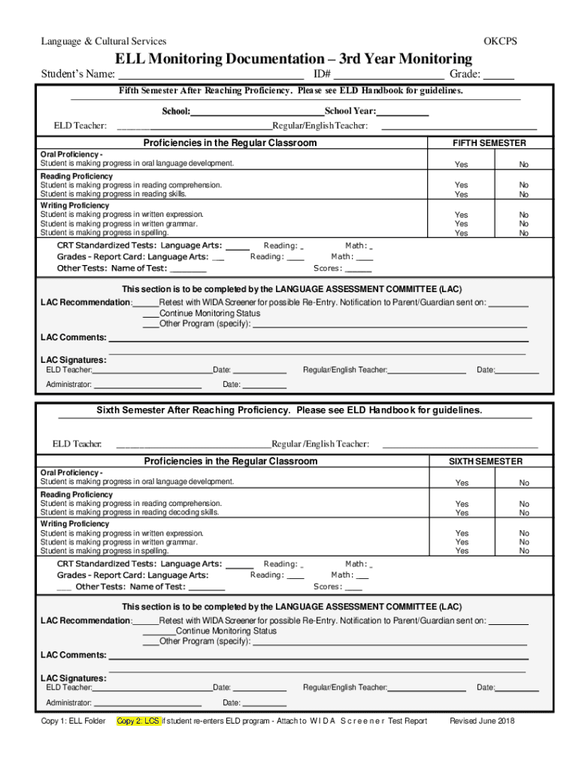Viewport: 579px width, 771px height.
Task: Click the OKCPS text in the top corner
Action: pos(500,41)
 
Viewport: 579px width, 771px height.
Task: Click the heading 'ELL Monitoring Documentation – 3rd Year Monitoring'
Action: pos(293,59)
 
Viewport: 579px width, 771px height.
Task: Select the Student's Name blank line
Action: pos(210,75)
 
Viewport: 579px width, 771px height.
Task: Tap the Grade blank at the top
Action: pos(499,75)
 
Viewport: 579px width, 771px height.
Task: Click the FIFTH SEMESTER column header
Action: pos(489,143)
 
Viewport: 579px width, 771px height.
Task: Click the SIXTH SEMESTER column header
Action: pos(486,462)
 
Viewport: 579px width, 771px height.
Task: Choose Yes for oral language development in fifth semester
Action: pos(461,165)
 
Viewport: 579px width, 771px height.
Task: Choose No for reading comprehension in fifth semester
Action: pos(523,185)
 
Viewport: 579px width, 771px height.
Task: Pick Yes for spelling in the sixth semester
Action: pos(462,551)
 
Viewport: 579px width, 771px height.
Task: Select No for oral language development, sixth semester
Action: pos(523,483)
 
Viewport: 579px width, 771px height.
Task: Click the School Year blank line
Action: pos(403,112)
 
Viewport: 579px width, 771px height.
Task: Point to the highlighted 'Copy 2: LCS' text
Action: pos(138,721)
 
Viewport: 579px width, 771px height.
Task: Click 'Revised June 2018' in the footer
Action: pos(481,721)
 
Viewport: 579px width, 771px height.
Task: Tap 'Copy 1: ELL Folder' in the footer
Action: pos(73,721)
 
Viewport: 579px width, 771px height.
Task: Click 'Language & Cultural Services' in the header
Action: pos(104,41)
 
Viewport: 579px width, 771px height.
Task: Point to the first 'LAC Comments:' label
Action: pos(73,338)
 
